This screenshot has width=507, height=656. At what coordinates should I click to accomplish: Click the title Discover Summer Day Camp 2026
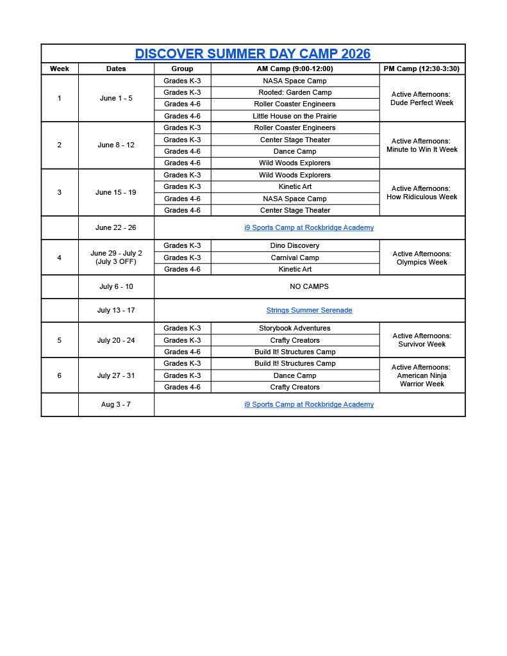[253, 54]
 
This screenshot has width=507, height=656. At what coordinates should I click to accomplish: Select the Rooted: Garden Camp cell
[295, 92]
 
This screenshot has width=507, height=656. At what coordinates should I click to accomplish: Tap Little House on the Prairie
[295, 116]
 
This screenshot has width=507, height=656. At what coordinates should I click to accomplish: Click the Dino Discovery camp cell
[295, 245]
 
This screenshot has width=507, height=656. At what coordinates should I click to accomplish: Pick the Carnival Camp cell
[295, 258]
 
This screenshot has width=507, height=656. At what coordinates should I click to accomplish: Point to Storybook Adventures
[295, 328]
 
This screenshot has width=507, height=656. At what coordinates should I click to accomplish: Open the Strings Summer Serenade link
[309, 310]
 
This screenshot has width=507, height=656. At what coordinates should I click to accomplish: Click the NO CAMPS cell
[309, 286]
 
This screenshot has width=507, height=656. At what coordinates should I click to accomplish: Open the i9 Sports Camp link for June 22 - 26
[309, 227]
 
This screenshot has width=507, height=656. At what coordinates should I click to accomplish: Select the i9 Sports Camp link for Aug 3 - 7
[309, 404]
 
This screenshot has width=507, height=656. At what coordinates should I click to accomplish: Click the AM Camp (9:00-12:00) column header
[295, 69]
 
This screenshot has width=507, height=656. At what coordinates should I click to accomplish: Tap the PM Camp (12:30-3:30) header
[422, 69]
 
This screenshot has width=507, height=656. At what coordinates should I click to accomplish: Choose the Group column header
[182, 69]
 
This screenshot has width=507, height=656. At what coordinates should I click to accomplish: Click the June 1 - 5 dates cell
[116, 98]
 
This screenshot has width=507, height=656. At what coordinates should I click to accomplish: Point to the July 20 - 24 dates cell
[116, 340]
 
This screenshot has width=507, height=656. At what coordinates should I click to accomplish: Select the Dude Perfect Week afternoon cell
[422, 98]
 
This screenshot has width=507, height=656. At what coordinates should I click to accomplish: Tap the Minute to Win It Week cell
[422, 145]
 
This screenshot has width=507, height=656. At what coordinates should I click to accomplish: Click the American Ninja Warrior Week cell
[422, 375]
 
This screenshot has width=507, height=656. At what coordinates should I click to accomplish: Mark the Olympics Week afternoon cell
[422, 258]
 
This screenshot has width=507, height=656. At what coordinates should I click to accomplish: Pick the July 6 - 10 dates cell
[116, 286]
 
